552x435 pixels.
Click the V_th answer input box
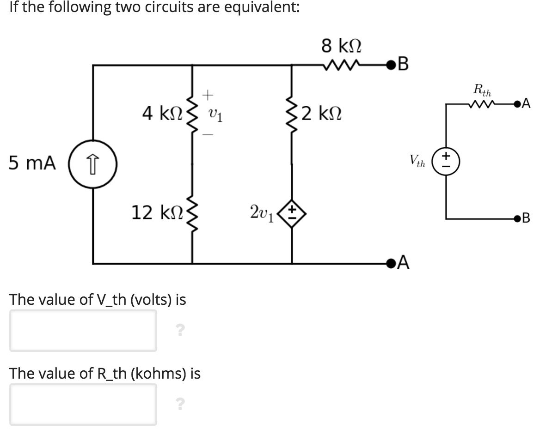point(83,330)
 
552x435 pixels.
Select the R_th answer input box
point(83,404)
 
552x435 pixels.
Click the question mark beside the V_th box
point(180,330)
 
